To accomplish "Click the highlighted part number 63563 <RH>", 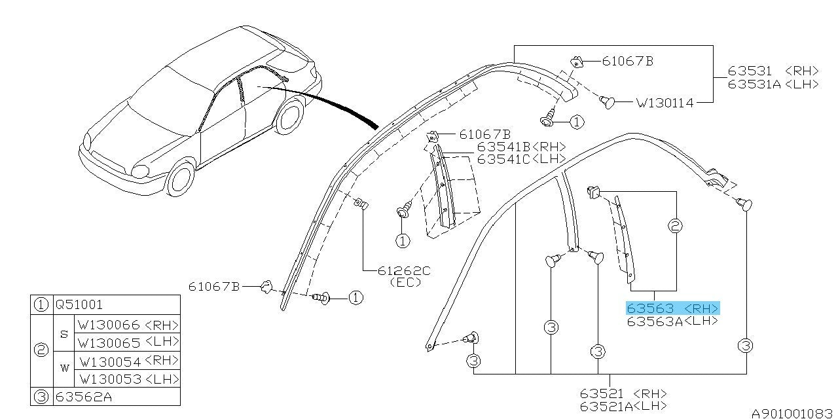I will tap(672, 308).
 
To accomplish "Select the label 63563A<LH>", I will tap(672, 321).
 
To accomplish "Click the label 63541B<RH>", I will tap(521, 147).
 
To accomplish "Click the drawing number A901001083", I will tap(793, 413).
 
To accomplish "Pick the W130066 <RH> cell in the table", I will tap(128, 325).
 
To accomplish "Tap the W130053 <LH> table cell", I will tap(128, 379).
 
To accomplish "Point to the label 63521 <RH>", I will tap(623, 393).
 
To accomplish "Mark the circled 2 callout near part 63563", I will tap(675, 227).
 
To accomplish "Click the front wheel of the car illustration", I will tap(180, 177).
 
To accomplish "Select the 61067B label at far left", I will tap(214, 286).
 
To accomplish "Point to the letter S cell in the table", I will tap(64, 333).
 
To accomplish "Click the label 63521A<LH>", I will tap(623, 406).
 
